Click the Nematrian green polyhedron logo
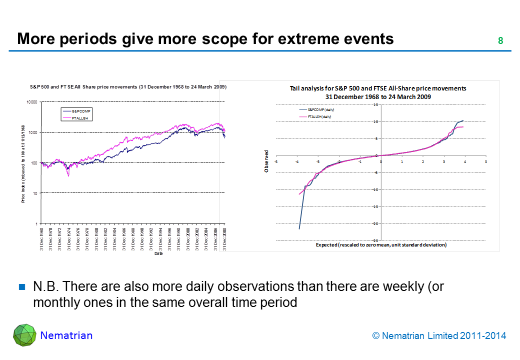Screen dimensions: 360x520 (x=24, y=335)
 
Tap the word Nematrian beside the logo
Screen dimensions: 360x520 (x=66, y=335)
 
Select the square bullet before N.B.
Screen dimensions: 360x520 (x=22, y=287)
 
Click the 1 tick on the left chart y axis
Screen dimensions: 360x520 (x=36, y=223)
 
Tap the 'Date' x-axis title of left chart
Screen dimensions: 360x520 (x=158, y=254)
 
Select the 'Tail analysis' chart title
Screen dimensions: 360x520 (x=378, y=92)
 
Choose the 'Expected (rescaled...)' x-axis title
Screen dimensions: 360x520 (x=381, y=245)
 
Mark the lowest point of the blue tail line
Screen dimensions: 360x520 (x=299, y=229)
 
